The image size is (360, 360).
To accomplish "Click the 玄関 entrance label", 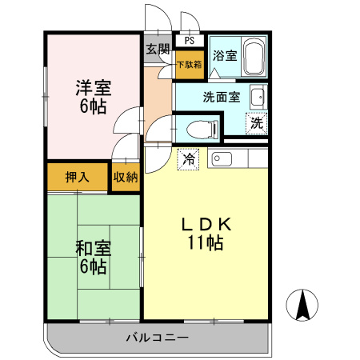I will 157,48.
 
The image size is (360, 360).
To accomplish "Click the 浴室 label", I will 224,57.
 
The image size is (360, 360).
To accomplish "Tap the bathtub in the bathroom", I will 254,58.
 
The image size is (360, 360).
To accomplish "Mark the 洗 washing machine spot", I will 256,124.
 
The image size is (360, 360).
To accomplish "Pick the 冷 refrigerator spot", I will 189,159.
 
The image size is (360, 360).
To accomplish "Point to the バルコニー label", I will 156,338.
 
